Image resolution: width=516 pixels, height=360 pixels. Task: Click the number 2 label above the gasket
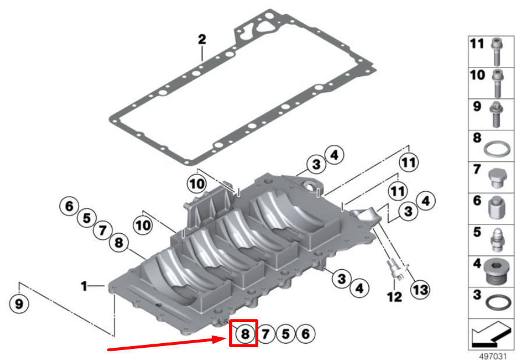(x=202, y=39)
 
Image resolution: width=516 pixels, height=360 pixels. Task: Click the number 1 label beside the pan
(x=84, y=286)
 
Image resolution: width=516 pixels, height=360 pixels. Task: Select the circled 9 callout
(x=19, y=303)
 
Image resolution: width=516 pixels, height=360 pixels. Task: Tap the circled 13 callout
(x=420, y=290)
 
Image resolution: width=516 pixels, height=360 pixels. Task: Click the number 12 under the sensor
(x=394, y=297)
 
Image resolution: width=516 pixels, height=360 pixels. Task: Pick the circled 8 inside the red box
(x=245, y=334)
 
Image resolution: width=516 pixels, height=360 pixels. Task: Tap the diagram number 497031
(x=493, y=356)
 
